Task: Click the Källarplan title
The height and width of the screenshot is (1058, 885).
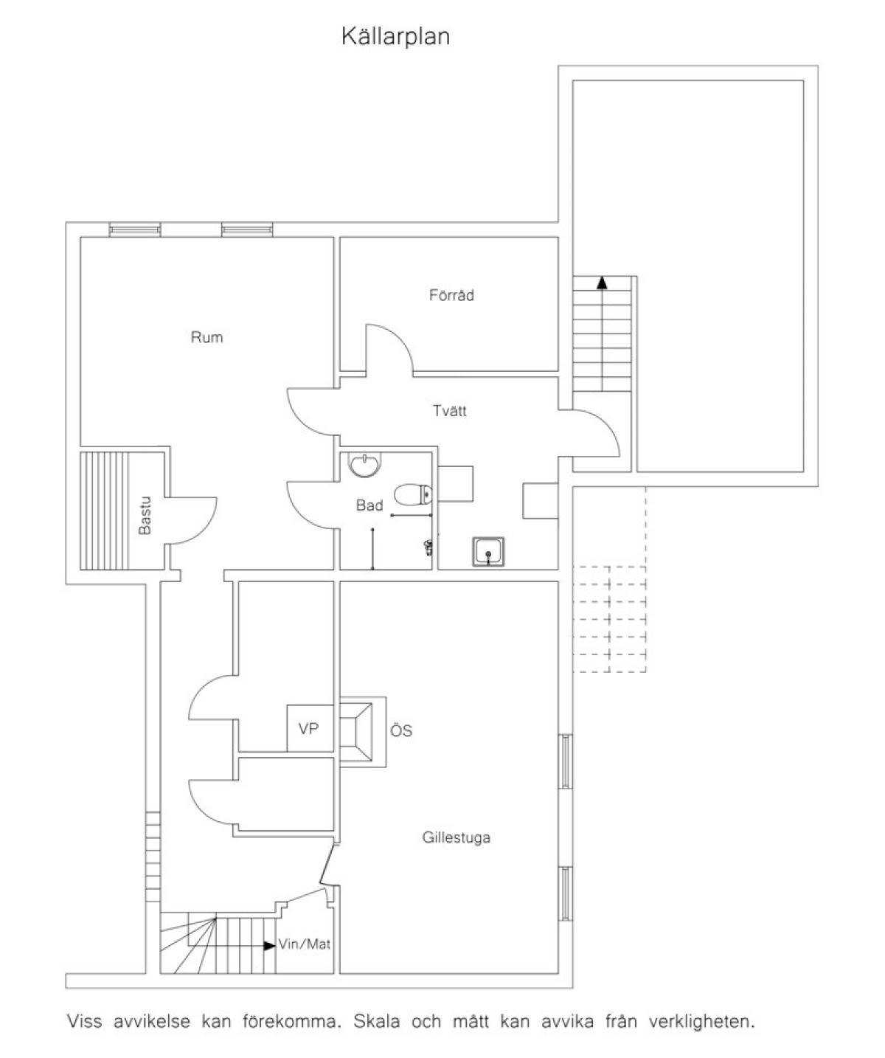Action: click(x=395, y=37)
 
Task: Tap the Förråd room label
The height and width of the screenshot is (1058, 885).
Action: click(x=451, y=295)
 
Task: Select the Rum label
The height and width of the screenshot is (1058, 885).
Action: click(x=206, y=337)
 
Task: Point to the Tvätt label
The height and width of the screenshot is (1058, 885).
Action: click(x=449, y=410)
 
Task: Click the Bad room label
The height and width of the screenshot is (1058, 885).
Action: click(x=369, y=505)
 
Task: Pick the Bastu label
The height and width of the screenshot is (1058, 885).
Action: click(x=145, y=515)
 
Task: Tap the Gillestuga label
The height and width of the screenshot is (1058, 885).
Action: click(x=456, y=837)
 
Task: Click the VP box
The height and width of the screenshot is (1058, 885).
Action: click(x=310, y=728)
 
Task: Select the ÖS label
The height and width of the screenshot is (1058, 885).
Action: click(x=401, y=730)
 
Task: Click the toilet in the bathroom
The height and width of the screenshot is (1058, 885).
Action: click(x=413, y=494)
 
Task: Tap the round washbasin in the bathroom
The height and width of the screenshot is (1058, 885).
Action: click(x=364, y=464)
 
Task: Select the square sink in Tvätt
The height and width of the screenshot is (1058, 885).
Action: click(x=488, y=551)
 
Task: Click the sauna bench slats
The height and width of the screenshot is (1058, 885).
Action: click(x=104, y=511)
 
